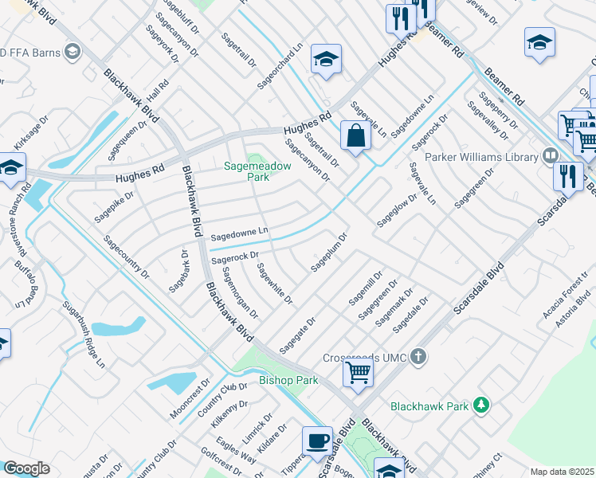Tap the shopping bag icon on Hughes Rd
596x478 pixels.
pyautogui.click(x=355, y=135)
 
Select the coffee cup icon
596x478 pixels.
pyautogui.click(x=317, y=441)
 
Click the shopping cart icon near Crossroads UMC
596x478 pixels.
pyautogui.click(x=359, y=371)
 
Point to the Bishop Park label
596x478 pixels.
pyautogui.click(x=288, y=380)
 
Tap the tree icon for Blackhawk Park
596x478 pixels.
pyautogui.click(x=480, y=406)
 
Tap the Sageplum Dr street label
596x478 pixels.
pyautogui.click(x=330, y=253)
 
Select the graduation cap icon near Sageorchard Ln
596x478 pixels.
pyautogui.click(x=326, y=59)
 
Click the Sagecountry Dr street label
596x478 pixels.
pyautogui.click(x=126, y=256)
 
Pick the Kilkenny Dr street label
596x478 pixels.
pyautogui.click(x=231, y=415)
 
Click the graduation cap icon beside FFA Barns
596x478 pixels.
pyautogui.click(x=73, y=53)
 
